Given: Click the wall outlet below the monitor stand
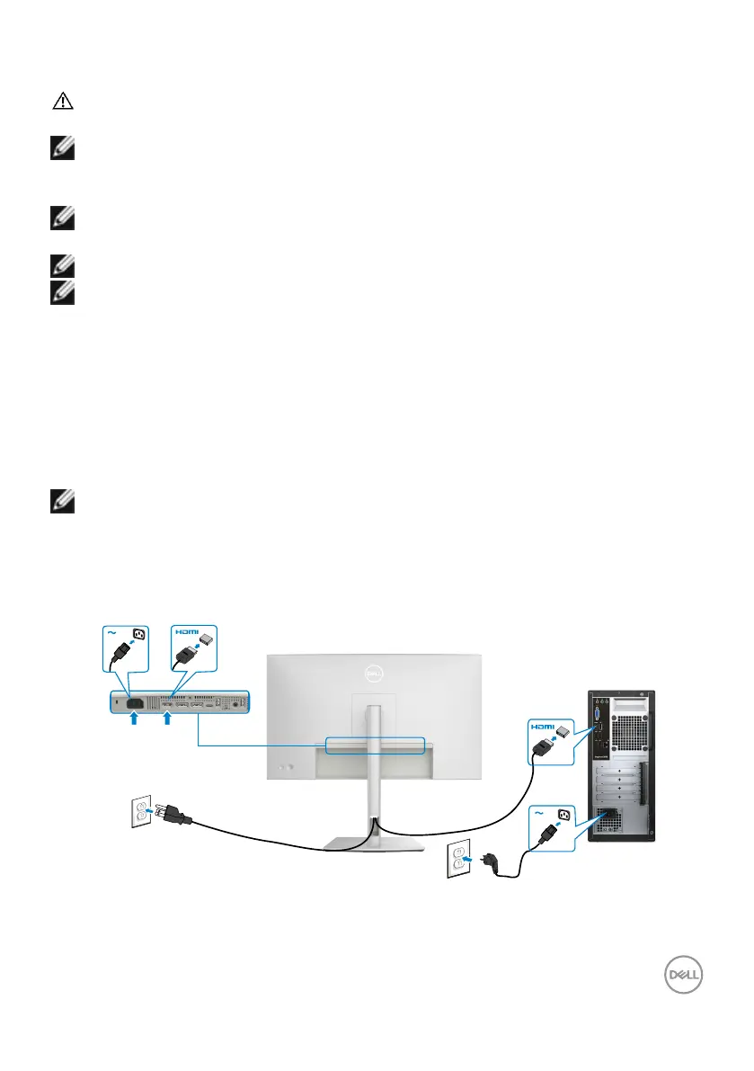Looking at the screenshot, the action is [x=457, y=869].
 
